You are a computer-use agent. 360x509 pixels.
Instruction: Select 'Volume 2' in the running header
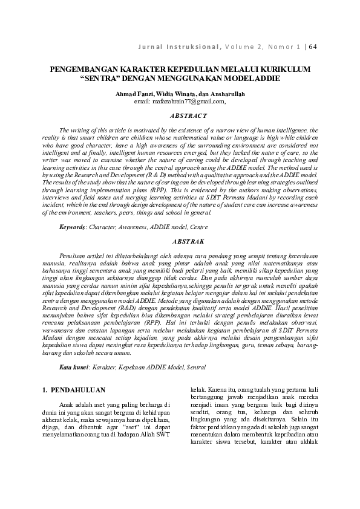pos(248,46)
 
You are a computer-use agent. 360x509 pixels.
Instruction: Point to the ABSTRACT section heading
pos(180,115)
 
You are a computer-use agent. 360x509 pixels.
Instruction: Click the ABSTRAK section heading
pos(180,241)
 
